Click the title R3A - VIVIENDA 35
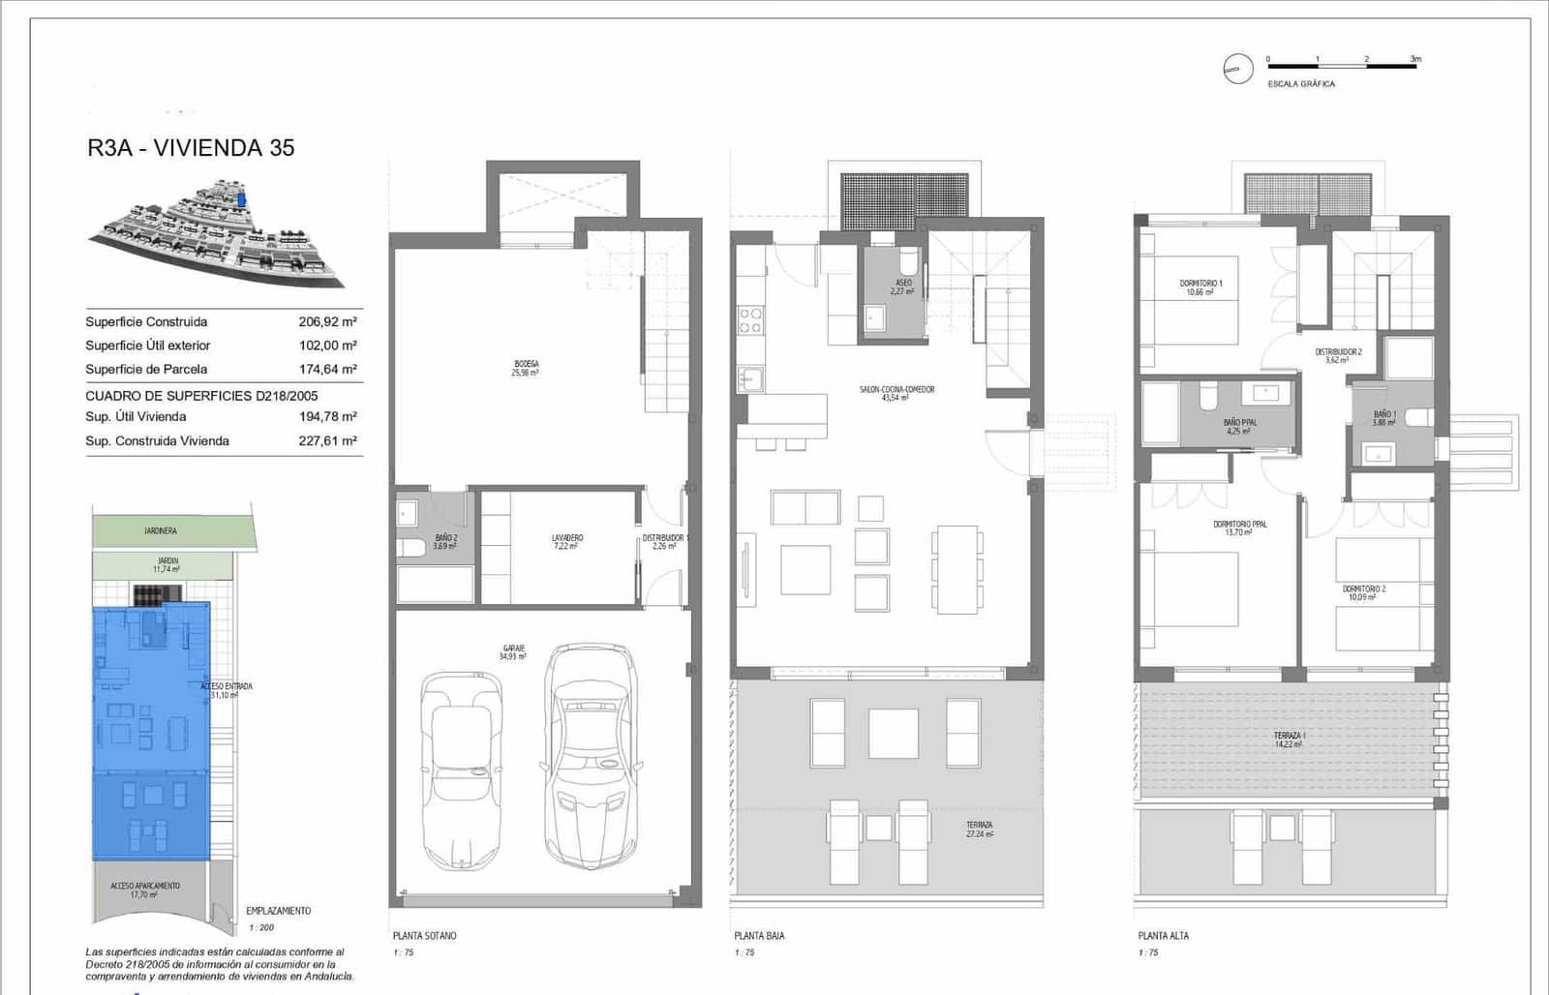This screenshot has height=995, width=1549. pos(191,148)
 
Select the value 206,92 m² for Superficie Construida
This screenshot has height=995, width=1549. pos(327,321)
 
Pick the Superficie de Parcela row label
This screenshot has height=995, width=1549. pos(146,369)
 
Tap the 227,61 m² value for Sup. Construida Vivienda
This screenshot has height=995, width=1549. pos(327,440)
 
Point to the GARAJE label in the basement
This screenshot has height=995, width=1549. pos(512,651)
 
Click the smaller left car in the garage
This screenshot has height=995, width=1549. pos(461,769)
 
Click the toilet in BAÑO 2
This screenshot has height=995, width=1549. pos(411,548)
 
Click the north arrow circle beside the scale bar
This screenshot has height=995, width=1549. pos(1237,69)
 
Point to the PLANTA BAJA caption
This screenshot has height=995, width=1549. pos(759,935)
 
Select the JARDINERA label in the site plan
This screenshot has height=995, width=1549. pos(161,530)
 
